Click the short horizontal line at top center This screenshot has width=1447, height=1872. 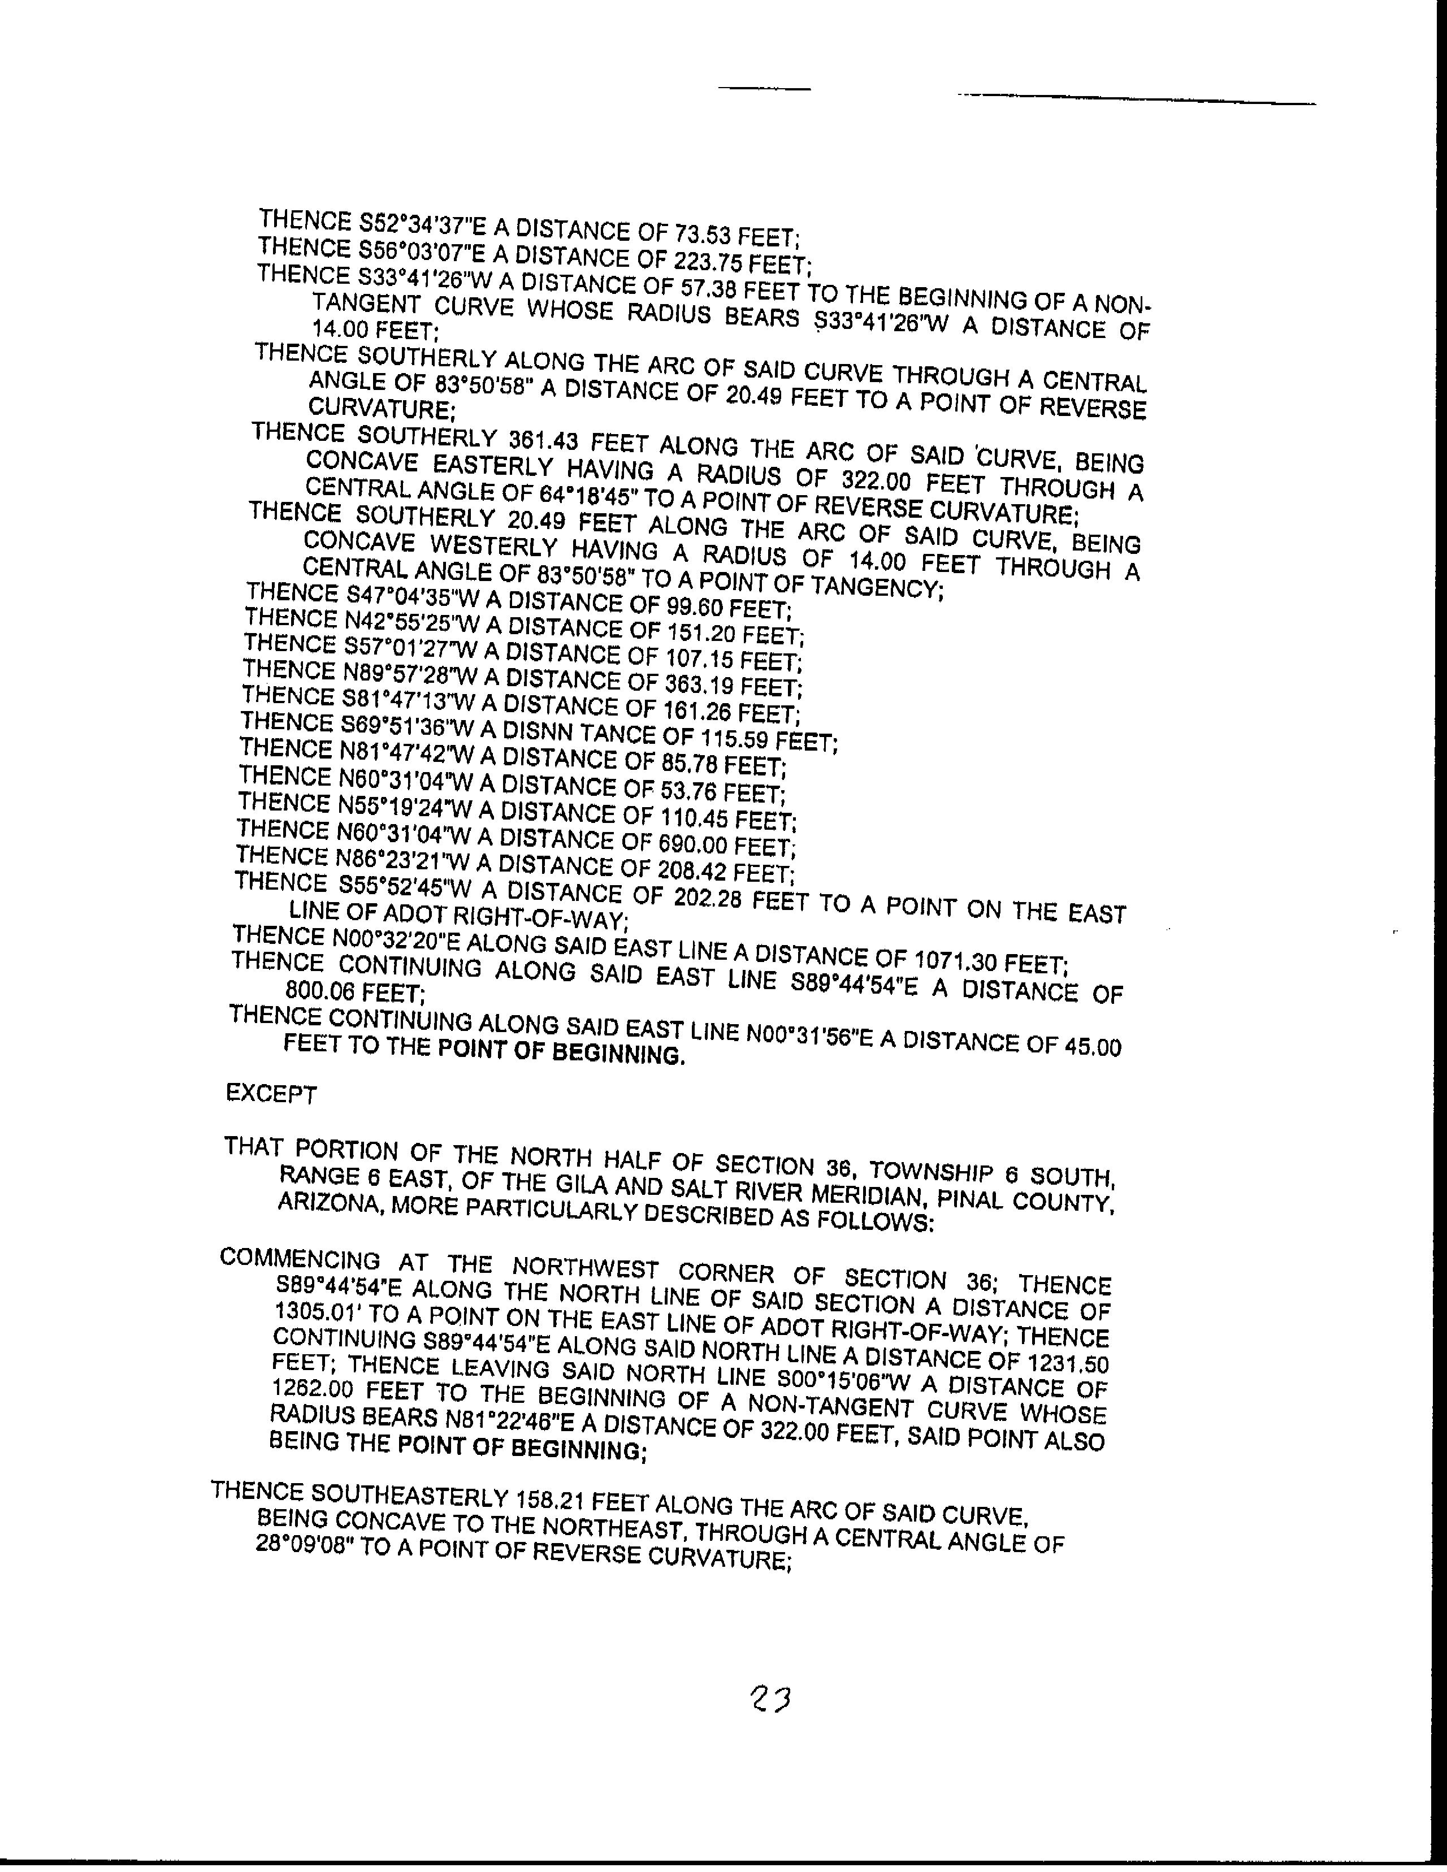pyautogui.click(x=764, y=88)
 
